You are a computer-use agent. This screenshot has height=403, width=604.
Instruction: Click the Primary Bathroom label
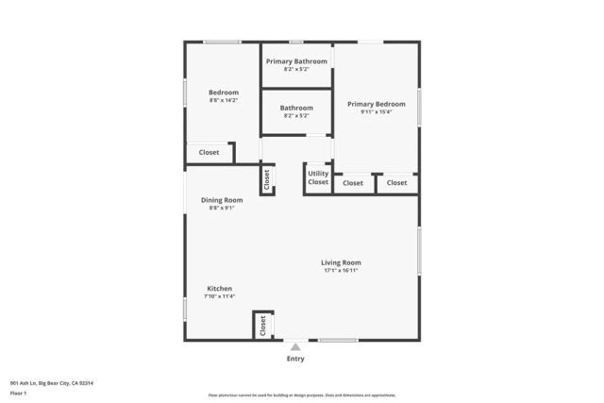pyautogui.click(x=296, y=61)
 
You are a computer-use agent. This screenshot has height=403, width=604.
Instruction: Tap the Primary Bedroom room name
pyautogui.click(x=376, y=104)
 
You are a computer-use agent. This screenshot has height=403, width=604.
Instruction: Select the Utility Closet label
pyautogui.click(x=318, y=177)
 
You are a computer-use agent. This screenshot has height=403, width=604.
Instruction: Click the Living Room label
pyautogui.click(x=341, y=262)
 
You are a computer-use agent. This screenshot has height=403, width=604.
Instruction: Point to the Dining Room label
pyautogui.click(x=222, y=200)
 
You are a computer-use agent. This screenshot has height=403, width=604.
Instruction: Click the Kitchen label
pyautogui.click(x=220, y=289)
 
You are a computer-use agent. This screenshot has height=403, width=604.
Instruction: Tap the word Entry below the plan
pyautogui.click(x=295, y=359)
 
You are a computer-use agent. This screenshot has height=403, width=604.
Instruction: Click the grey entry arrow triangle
pyautogui.click(x=295, y=347)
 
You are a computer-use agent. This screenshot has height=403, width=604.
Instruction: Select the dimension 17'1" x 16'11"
pyautogui.click(x=341, y=271)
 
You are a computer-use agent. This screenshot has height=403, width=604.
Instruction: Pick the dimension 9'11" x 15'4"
pyautogui.click(x=376, y=112)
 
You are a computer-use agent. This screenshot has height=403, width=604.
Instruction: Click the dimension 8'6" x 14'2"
pyautogui.click(x=224, y=100)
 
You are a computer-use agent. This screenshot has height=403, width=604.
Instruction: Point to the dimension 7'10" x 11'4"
pyautogui.click(x=220, y=296)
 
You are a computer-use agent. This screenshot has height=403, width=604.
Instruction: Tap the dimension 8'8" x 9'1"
pyautogui.click(x=222, y=208)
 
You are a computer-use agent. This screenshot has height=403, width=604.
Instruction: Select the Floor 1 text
pyautogui.click(x=19, y=392)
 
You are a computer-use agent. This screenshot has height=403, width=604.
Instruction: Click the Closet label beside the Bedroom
pyautogui.click(x=209, y=152)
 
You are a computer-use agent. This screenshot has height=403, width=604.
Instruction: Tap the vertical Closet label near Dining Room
pyautogui.click(x=266, y=179)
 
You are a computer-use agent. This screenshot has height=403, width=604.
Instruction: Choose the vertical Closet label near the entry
pyautogui.click(x=262, y=326)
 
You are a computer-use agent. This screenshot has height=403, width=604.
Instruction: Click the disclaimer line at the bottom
pyautogui.click(x=301, y=395)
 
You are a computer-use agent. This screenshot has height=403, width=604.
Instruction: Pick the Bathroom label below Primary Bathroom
pyautogui.click(x=296, y=108)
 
